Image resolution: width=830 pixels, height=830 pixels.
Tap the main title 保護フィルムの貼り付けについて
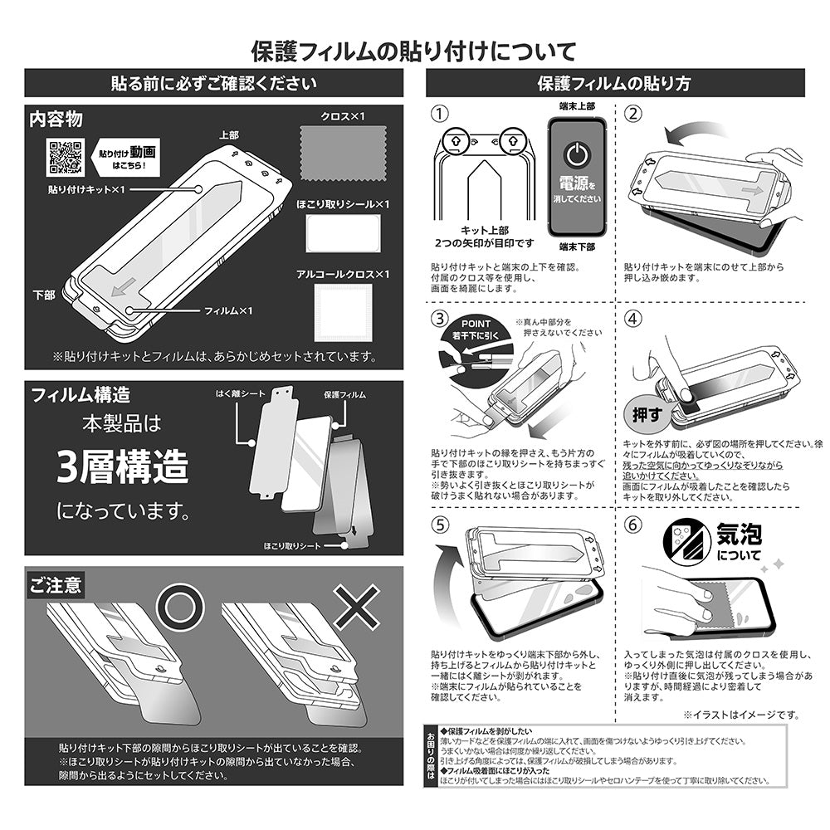tap(413, 51)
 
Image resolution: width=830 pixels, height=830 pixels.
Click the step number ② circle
tap(632, 115)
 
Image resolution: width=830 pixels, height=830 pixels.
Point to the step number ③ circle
tap(440, 319)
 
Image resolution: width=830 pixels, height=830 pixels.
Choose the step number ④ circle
tap(632, 319)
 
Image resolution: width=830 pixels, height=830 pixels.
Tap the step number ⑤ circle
tap(440, 524)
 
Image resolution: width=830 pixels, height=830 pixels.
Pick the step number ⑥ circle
tap(632, 524)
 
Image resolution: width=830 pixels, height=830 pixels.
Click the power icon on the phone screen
tap(575, 154)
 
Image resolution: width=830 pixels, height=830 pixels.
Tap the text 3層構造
tap(122, 467)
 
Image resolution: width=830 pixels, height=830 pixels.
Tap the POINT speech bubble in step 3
tap(471, 330)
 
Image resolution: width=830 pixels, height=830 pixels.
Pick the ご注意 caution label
tap(55, 585)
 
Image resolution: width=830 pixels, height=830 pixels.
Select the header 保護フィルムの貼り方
tap(614, 83)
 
